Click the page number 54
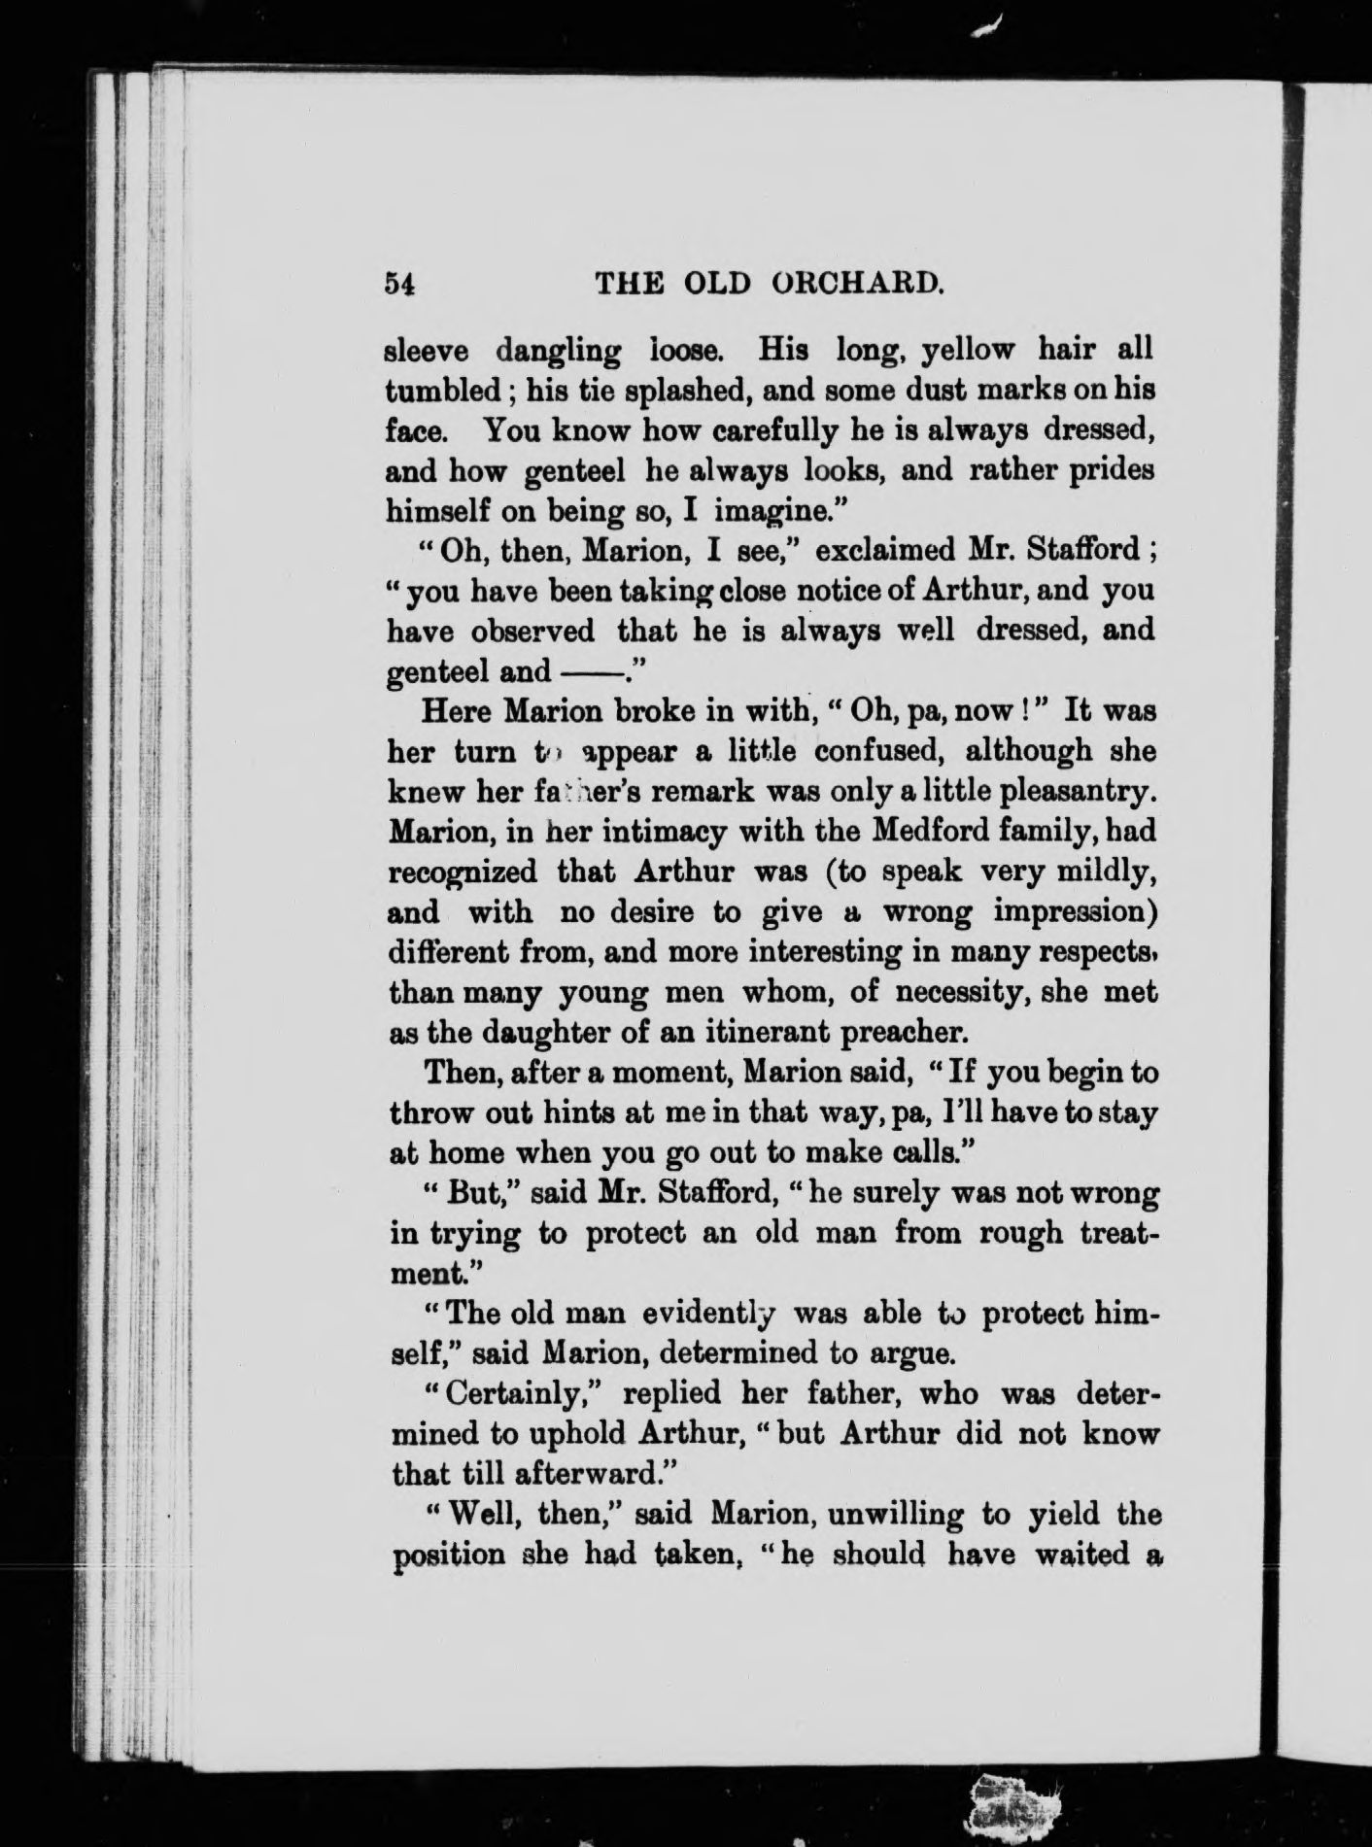[400, 283]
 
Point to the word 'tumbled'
[443, 389]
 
